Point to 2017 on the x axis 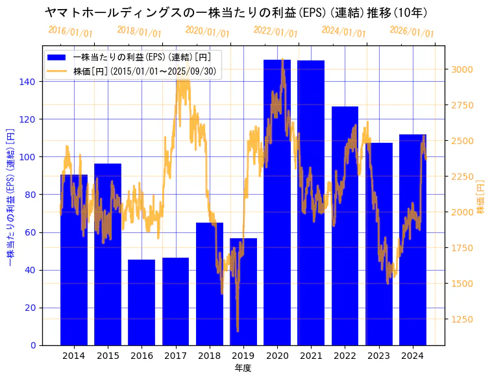175,355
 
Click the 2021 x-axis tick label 311,355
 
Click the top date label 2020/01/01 207,31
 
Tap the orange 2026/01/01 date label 412,31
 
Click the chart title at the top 236,12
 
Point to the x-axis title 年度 243,368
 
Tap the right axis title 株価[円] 481,197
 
